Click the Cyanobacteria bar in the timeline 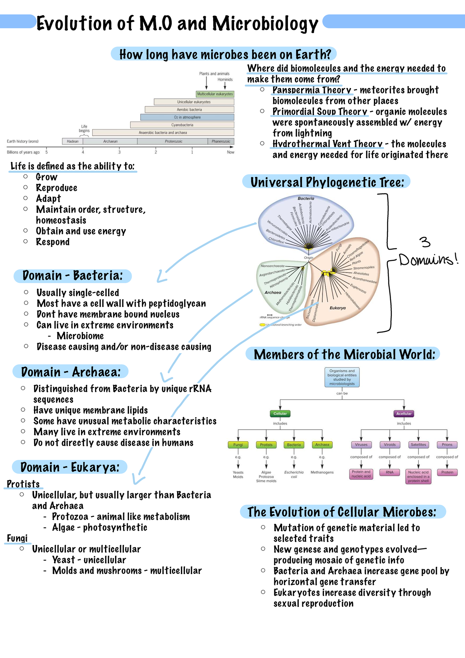pyautogui.click(x=182, y=125)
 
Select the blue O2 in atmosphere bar pyautogui.click(x=187, y=117)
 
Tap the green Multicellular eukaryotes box pyautogui.click(x=215, y=94)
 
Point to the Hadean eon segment pyautogui.click(x=72, y=141)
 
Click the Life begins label pyautogui.click(x=84, y=129)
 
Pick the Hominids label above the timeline pyautogui.click(x=225, y=79)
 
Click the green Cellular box pyautogui.click(x=280, y=414)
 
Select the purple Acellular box pyautogui.click(x=404, y=414)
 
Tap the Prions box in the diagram pyautogui.click(x=447, y=445)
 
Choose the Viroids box pyautogui.click(x=390, y=445)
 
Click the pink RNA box pyautogui.click(x=390, y=472)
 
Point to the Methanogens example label pyautogui.click(x=322, y=472)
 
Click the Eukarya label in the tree pyautogui.click(x=338, y=308)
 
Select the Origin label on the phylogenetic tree pyautogui.click(x=308, y=257)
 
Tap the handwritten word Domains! pyautogui.click(x=428, y=259)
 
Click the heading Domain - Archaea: pyautogui.click(x=71, y=372)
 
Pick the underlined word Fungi pyautogui.click(x=17, y=538)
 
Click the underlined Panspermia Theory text pyautogui.click(x=312, y=90)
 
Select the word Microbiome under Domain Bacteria pyautogui.click(x=80, y=336)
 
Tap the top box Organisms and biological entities pyautogui.click(x=342, y=377)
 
